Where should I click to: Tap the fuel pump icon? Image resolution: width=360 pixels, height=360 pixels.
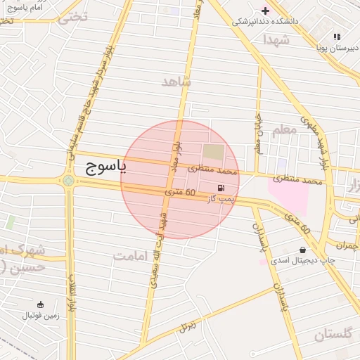pyautogui.click(x=221, y=188)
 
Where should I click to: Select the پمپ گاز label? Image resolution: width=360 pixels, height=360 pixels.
pyautogui.click(x=220, y=200)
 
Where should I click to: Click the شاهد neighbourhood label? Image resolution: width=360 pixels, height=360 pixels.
pyautogui.click(x=176, y=82)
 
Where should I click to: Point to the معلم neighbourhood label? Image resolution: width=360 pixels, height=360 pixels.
pyautogui.click(x=283, y=130)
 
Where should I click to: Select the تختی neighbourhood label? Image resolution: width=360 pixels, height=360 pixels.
pyautogui.click(x=72, y=17)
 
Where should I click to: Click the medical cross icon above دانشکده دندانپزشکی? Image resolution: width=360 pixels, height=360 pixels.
pyautogui.click(x=265, y=10)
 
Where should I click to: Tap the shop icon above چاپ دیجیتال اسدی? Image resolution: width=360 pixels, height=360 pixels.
pyautogui.click(x=302, y=250)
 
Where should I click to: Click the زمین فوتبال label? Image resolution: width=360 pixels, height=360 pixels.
pyautogui.click(x=40, y=316)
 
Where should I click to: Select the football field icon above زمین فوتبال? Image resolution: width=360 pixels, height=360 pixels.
pyautogui.click(x=40, y=304)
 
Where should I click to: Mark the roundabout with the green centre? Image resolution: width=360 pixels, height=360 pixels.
pyautogui.click(x=68, y=181)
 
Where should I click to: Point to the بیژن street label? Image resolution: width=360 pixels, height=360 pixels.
pyautogui.click(x=186, y=326)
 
